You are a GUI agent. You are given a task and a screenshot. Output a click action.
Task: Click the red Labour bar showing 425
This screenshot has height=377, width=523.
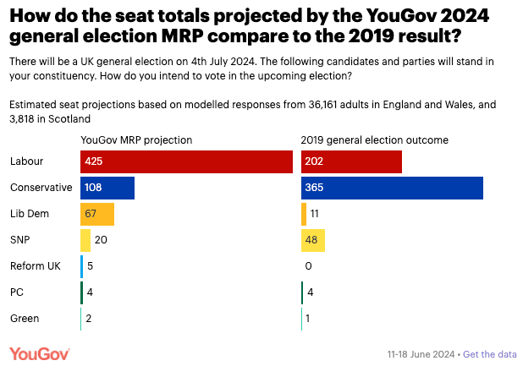pos(186,161)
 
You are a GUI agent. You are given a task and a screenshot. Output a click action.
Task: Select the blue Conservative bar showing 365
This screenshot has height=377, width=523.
pos(392,188)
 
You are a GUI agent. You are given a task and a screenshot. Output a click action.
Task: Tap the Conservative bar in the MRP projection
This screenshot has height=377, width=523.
pos(107,188)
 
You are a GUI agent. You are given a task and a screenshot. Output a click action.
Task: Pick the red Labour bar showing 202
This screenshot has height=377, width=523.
pos(351,161)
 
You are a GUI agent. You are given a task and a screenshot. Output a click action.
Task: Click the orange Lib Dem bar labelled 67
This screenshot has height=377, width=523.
pos(97,214)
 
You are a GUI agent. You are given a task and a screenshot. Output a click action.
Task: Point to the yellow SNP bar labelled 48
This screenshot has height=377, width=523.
pos(313,240)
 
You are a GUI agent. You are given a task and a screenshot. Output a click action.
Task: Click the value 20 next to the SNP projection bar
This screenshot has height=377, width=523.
pos(101,240)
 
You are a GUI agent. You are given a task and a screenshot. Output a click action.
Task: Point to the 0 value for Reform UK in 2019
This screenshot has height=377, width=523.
pos(309,266)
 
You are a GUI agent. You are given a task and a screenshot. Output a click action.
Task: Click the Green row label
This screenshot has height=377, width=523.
pos(24,319)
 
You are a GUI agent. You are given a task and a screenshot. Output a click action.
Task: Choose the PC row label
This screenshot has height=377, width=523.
pos(16,292)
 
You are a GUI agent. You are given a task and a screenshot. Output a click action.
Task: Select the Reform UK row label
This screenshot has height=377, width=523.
pos(34,266)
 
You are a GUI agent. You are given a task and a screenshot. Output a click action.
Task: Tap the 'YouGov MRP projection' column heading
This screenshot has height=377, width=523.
pos(136,139)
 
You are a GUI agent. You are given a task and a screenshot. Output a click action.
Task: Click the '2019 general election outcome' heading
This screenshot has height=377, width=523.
pos(375,139)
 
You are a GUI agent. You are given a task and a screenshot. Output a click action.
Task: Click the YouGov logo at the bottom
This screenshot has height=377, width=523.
pos(40,353)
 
